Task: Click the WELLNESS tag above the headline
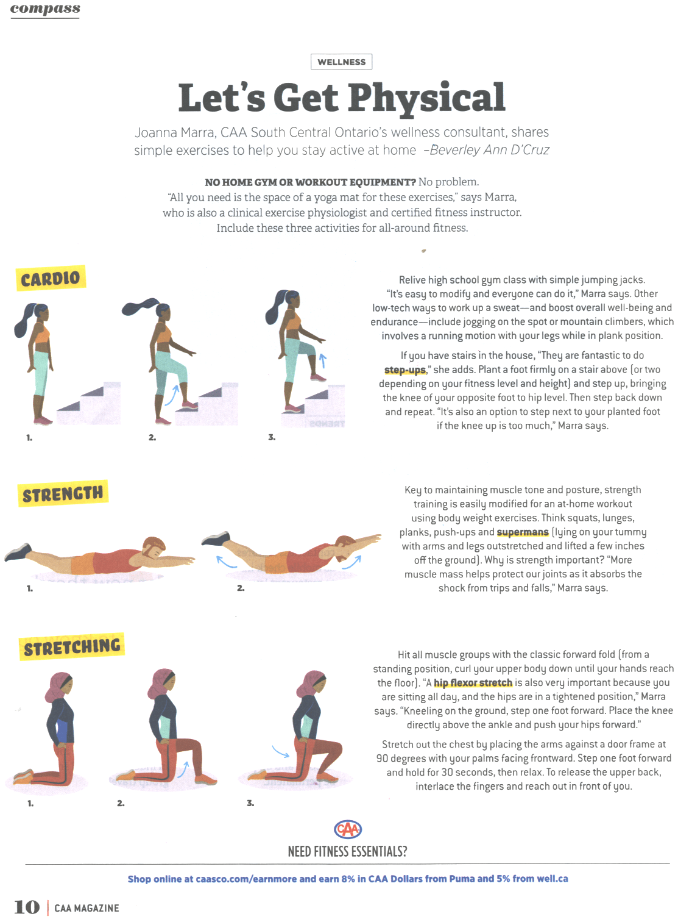341,62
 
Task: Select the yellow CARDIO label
51,278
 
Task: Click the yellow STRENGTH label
63,493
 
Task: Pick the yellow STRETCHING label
71,646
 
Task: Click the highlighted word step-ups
405,370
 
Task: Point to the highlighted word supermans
523,532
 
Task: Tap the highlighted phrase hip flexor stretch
473,683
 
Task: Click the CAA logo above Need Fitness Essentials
348,829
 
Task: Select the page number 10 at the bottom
27,907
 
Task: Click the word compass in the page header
45,9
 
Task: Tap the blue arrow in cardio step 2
172,395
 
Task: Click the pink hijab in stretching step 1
57,687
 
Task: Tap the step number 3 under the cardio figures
272,437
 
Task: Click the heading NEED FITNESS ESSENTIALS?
347,851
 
